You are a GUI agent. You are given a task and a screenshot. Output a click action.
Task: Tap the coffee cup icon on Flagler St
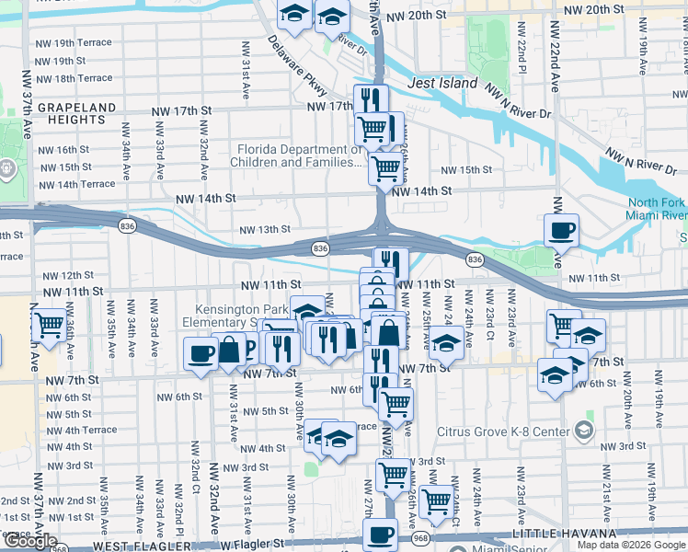coord(380,534)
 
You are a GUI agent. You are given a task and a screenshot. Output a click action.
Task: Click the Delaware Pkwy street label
coord(297,65)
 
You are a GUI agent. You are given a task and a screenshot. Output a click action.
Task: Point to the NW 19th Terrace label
coord(75,43)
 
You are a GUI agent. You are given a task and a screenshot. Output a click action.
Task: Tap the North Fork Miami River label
coord(657,210)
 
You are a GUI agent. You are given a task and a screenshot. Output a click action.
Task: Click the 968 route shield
coord(421,536)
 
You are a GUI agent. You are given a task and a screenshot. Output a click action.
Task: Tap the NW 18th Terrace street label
coord(75,78)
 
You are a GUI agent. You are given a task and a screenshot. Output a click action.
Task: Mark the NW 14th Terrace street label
coord(78,184)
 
